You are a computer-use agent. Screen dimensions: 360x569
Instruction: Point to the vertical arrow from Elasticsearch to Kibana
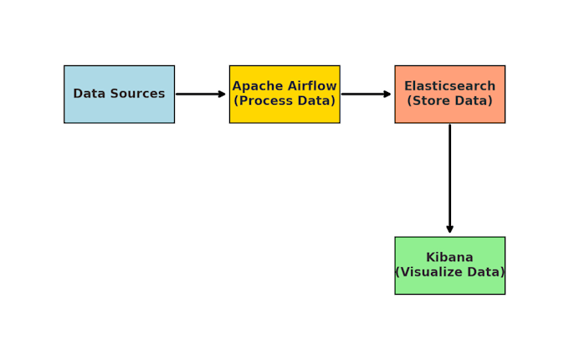click(x=449, y=176)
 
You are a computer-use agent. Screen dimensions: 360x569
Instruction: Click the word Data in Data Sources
click(x=89, y=94)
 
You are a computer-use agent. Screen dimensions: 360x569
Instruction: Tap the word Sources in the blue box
click(x=136, y=94)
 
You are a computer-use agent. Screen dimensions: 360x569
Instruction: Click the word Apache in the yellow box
click(x=257, y=86)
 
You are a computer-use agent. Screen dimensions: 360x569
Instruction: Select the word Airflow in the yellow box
click(x=311, y=86)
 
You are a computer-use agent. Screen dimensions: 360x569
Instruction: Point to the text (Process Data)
click(x=284, y=101)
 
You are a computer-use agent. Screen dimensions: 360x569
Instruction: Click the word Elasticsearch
click(x=449, y=86)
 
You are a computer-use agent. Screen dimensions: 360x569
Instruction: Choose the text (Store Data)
click(x=449, y=101)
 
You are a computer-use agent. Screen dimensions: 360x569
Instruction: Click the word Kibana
click(x=449, y=258)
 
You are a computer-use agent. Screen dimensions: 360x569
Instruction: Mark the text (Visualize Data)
click(x=449, y=272)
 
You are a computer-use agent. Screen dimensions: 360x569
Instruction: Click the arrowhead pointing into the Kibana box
click(x=449, y=229)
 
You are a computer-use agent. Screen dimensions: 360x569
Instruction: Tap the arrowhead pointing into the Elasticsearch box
click(x=387, y=94)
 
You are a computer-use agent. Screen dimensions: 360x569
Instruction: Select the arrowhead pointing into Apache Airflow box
click(x=222, y=94)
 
